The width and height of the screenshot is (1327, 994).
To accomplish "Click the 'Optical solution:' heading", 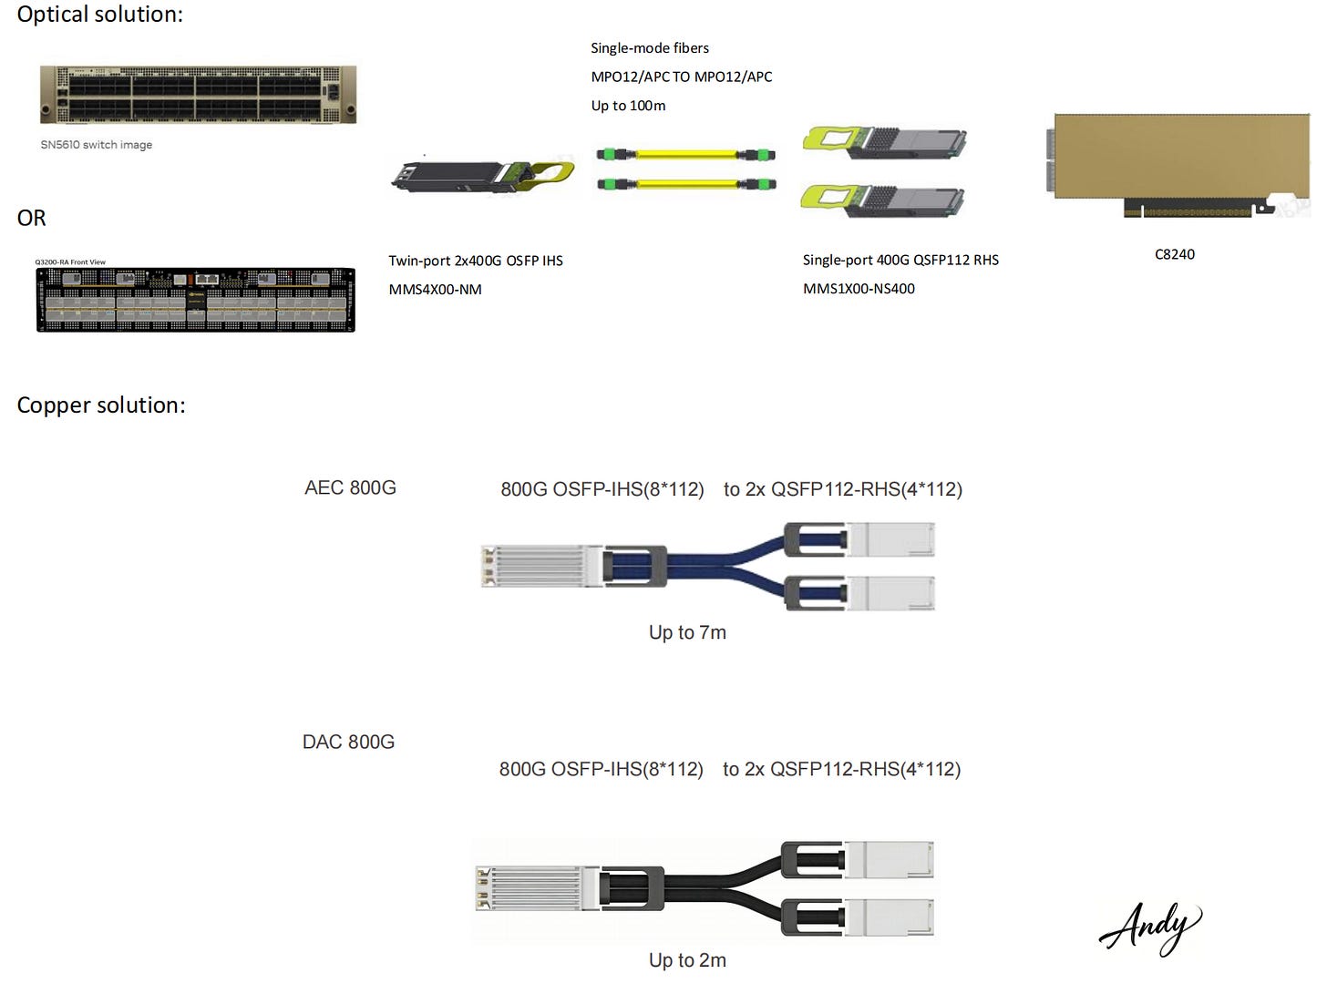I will (99, 15).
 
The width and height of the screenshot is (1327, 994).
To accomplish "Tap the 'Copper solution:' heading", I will (101, 405).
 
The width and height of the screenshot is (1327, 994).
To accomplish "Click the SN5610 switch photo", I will (198, 95).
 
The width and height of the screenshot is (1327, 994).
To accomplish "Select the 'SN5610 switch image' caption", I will (96, 145).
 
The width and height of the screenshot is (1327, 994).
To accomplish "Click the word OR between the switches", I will (31, 219).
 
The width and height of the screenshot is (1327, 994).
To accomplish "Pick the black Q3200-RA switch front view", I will (195, 300).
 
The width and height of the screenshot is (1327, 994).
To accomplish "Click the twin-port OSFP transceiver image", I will (482, 176).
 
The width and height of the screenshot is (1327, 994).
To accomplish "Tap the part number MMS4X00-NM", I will (435, 290).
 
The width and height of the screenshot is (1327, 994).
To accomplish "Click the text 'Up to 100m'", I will (628, 106).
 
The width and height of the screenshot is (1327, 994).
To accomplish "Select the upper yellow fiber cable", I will (685, 155).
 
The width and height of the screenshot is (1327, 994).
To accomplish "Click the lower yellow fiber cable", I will (685, 185).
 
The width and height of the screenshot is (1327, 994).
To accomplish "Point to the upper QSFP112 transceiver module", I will (883, 142).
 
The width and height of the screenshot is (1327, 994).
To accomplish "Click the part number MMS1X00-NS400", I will (859, 289).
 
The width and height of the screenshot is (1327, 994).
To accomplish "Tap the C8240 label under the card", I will (1174, 254).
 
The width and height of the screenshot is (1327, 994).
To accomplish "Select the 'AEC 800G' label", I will (350, 488).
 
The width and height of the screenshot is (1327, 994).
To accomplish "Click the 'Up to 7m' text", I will (687, 632).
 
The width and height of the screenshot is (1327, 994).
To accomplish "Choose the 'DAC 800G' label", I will (348, 743).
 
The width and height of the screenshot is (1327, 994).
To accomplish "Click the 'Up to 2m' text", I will (687, 960).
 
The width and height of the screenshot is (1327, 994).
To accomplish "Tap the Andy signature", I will (1149, 927).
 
